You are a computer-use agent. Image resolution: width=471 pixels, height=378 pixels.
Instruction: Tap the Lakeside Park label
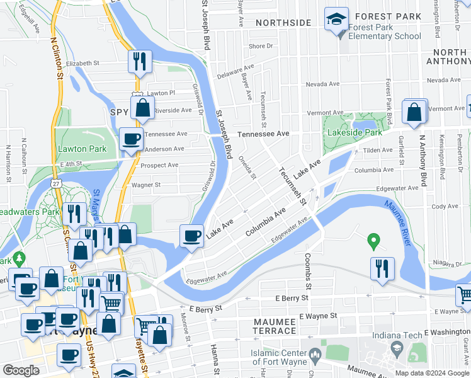pyautogui.click(x=355, y=133)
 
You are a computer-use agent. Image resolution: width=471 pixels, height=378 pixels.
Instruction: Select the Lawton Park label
pyautogui.click(x=82, y=149)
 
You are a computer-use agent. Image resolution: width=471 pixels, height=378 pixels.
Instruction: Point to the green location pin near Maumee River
pyautogui.click(x=373, y=240)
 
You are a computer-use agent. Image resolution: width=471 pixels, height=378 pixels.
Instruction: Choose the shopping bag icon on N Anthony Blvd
pyautogui.click(x=415, y=113)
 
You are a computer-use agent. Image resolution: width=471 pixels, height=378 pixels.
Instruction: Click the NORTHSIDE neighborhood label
pyautogui.click(x=283, y=23)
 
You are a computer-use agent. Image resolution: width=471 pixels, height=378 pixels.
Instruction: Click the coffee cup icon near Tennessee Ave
pyautogui.click(x=131, y=139)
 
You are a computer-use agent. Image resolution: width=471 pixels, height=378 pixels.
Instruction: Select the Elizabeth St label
pyautogui.click(x=83, y=64)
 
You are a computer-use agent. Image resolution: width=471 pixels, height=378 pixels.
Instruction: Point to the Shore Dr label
pyautogui.click(x=261, y=46)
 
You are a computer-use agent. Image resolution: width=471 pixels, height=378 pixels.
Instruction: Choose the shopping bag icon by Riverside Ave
pyautogui.click(x=143, y=108)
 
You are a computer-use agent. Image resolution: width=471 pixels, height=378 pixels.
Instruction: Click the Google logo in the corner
pyautogui.click(x=21, y=370)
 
